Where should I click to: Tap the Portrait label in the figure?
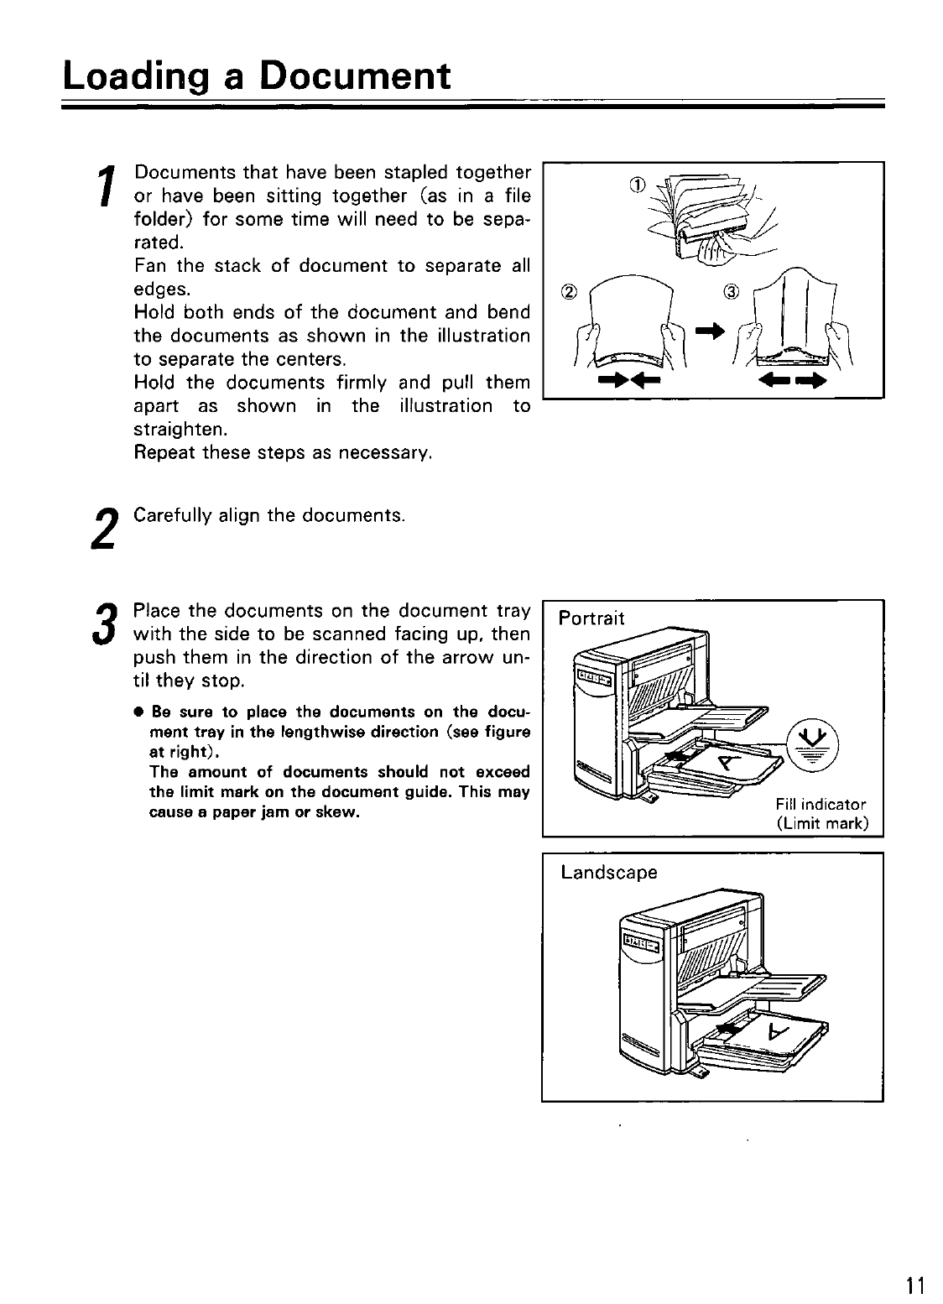[x=592, y=619]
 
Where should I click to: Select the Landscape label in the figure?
[x=609, y=873]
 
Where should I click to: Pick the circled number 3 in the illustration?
[x=732, y=292]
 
